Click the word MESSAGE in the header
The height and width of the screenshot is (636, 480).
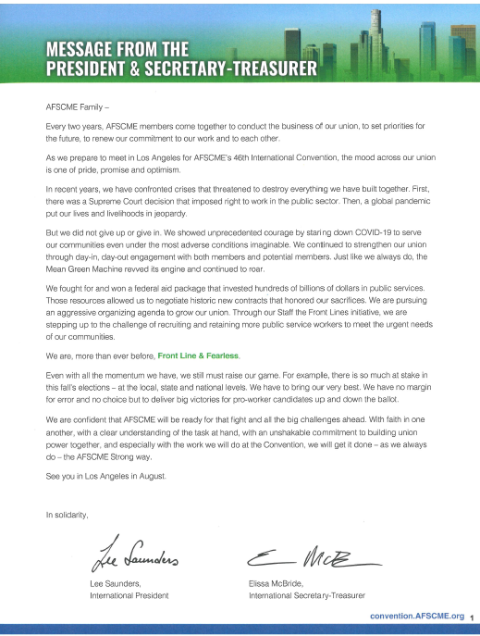81,49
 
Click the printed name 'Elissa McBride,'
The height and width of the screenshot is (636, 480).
280,583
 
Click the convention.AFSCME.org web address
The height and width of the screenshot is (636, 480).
415,615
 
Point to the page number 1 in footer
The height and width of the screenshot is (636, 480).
471,616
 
